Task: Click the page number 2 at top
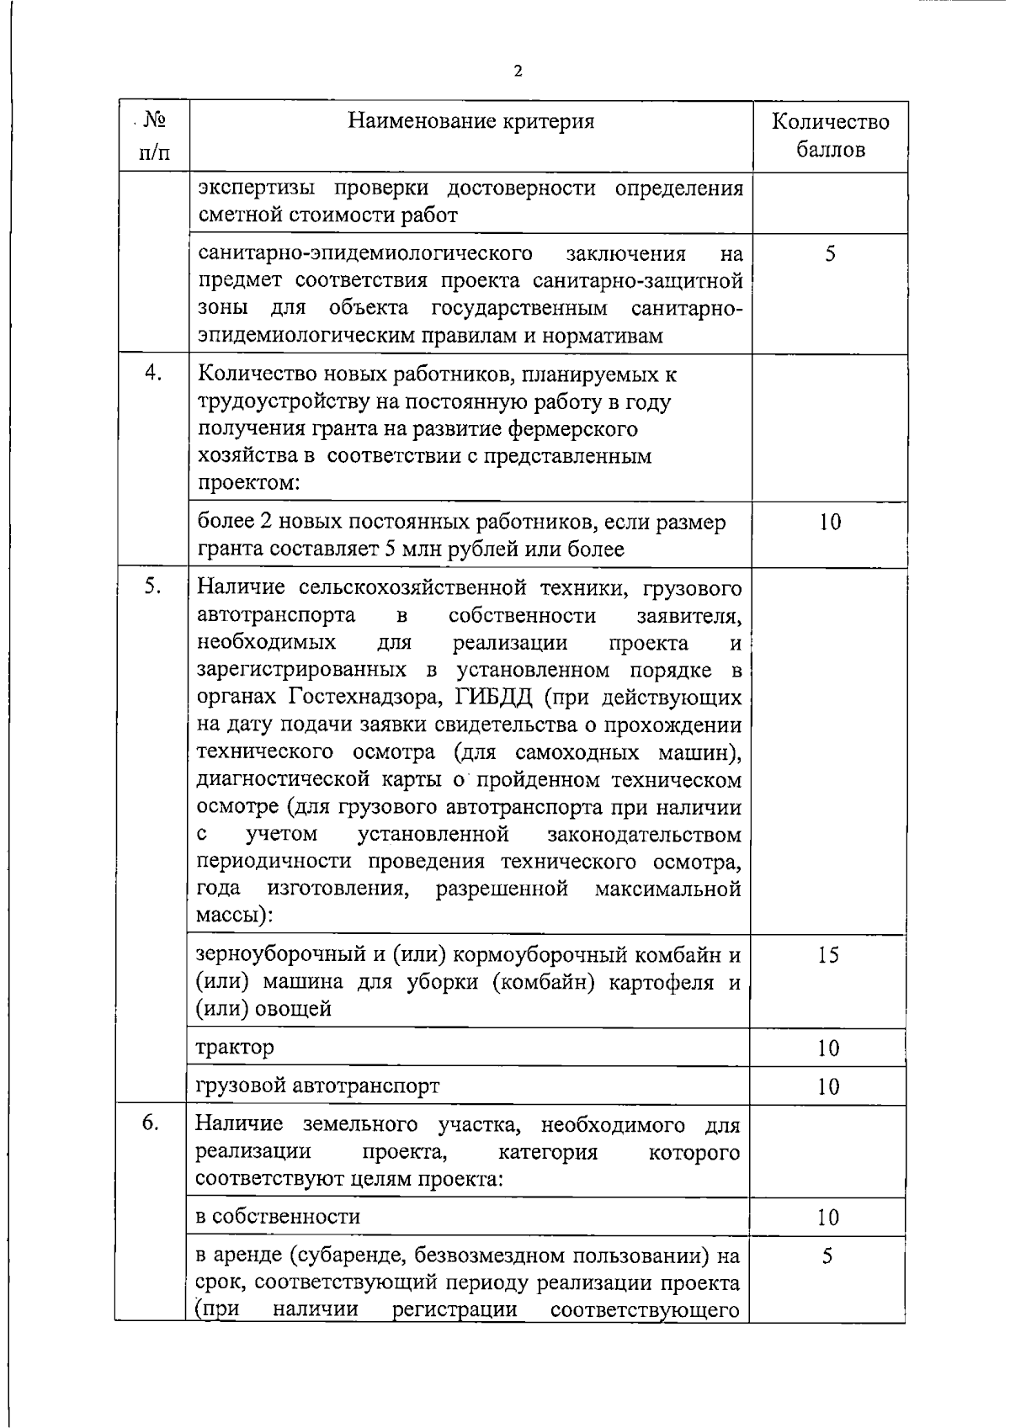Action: [x=518, y=71]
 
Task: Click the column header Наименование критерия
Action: [x=471, y=121]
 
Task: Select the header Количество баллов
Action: [x=830, y=135]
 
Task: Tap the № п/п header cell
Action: [x=152, y=135]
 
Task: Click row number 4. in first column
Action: [x=152, y=374]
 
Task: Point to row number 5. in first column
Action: [x=152, y=587]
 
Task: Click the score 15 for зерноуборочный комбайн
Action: [x=828, y=955]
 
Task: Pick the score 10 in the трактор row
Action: [x=828, y=1048]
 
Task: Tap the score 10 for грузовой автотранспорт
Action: [x=828, y=1086]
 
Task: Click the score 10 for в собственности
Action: [x=828, y=1218]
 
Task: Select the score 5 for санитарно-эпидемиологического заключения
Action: [x=830, y=253]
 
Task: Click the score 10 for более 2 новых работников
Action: [x=830, y=523]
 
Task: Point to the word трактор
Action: [x=235, y=1048]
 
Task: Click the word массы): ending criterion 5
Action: [x=234, y=916]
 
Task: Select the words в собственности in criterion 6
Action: [x=278, y=1217]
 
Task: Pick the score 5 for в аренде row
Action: [x=828, y=1256]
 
